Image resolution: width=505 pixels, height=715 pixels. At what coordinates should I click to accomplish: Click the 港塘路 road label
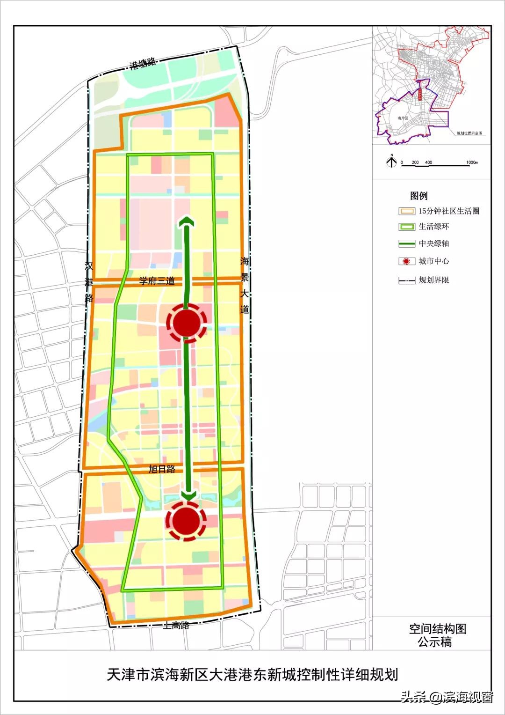(143, 64)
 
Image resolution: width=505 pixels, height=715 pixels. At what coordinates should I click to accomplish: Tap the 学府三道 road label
(157, 281)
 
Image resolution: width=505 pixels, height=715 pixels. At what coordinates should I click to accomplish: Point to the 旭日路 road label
(161, 469)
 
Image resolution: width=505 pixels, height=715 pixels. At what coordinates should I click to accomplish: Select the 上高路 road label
(176, 625)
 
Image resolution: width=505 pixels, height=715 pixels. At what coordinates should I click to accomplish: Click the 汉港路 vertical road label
(89, 283)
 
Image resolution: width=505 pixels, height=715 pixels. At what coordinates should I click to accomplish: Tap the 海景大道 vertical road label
(245, 285)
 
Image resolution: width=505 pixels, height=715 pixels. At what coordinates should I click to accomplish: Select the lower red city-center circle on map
(187, 521)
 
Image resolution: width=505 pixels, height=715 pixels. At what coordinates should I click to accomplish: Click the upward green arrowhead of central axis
(187, 221)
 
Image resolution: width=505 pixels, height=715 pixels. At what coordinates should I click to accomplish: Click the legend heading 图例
(418, 196)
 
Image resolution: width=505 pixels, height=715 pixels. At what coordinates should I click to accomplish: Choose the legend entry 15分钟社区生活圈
(448, 211)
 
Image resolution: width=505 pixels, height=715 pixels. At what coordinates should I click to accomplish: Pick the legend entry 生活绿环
(433, 227)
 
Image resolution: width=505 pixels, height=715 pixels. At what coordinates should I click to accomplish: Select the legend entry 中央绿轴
(433, 243)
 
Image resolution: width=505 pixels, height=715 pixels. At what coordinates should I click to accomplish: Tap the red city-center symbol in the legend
(406, 261)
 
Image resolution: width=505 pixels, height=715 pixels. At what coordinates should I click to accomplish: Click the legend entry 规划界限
(433, 280)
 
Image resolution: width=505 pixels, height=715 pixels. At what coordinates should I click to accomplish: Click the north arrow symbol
(391, 162)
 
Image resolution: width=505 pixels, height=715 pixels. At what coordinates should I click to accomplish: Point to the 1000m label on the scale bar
(471, 162)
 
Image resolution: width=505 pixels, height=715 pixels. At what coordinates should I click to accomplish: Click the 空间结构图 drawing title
(438, 629)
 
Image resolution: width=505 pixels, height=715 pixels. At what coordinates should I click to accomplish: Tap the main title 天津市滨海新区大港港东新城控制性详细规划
(252, 675)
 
